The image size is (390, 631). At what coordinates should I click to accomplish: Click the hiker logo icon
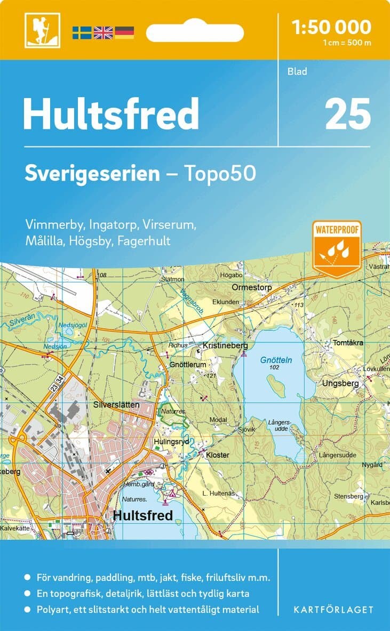[42, 30]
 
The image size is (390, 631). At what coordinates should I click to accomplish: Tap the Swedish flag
[82, 33]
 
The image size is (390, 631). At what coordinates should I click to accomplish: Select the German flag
[124, 33]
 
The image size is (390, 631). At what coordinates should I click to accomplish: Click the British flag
[103, 33]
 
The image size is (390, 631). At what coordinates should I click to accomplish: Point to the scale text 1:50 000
[332, 27]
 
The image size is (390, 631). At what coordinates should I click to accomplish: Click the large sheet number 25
[347, 114]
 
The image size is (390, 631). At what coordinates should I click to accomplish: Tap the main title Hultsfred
[110, 114]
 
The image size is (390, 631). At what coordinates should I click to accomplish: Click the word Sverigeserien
[92, 174]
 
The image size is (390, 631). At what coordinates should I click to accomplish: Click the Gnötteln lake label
[276, 360]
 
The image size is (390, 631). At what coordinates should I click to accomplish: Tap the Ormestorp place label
[252, 287]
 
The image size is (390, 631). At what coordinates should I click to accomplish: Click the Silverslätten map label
[116, 405]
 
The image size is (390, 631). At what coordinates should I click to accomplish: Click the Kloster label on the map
[217, 455]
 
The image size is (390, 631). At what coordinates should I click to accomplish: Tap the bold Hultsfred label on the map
[143, 515]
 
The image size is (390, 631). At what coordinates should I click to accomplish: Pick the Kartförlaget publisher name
[334, 609]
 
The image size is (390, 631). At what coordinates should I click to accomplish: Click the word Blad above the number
[298, 71]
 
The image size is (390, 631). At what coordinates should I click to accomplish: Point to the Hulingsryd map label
[171, 442]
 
